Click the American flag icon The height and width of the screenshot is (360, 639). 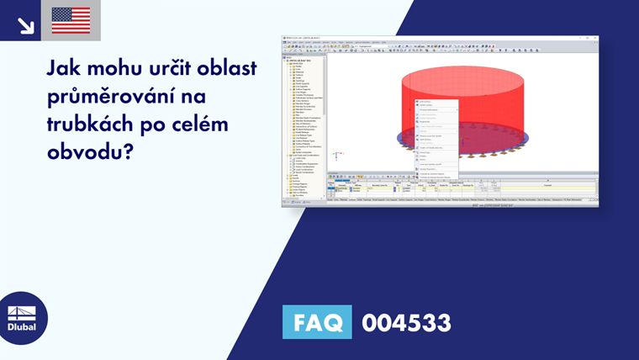(x=71, y=20)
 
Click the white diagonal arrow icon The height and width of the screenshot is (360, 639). (x=24, y=24)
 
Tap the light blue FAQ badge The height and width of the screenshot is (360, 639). (x=317, y=322)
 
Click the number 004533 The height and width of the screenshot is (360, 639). (x=406, y=322)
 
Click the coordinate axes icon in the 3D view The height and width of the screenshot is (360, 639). (x=335, y=156)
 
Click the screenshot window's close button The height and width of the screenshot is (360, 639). (x=595, y=38)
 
